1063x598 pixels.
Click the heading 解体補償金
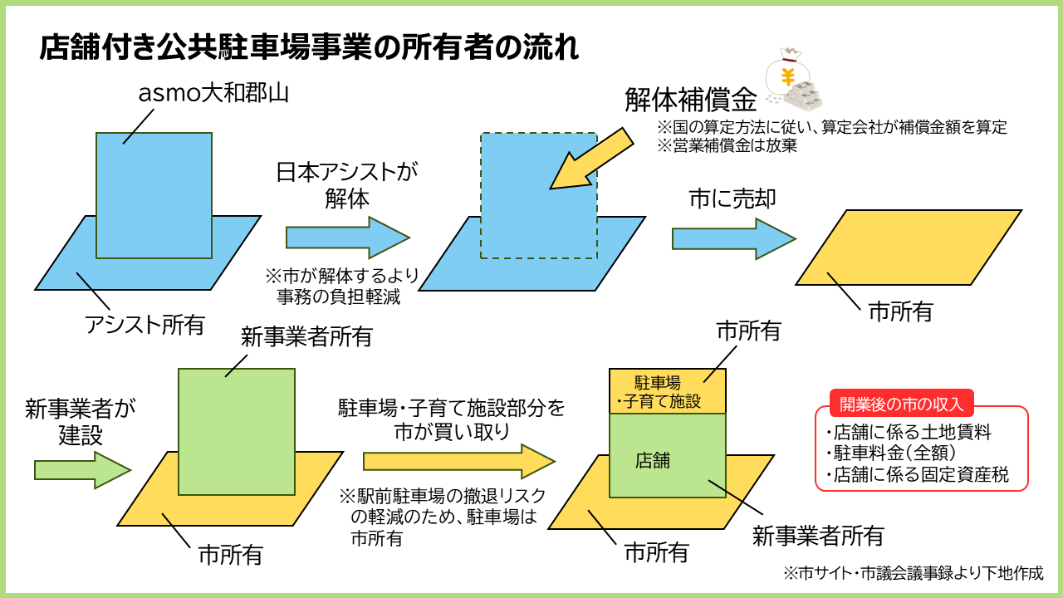click(x=691, y=100)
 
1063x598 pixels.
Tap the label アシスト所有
click(x=145, y=324)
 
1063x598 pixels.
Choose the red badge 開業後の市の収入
click(x=900, y=404)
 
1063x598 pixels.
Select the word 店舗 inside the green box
click(x=652, y=459)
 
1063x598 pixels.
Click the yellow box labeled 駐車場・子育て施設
click(x=668, y=391)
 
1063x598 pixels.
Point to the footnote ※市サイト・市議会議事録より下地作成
click(x=913, y=573)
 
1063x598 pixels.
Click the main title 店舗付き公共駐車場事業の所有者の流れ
click(x=309, y=47)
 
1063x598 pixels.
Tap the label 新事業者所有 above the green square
click(x=306, y=336)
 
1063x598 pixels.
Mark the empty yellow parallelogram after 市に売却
click(x=909, y=248)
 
